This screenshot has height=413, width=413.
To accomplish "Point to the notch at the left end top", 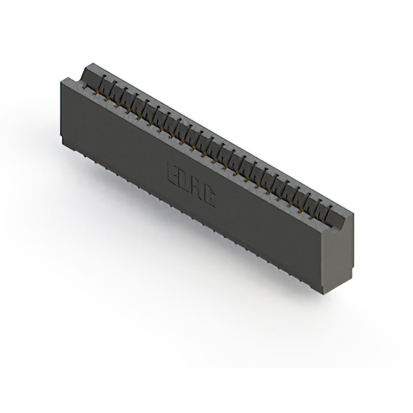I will [81, 76].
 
